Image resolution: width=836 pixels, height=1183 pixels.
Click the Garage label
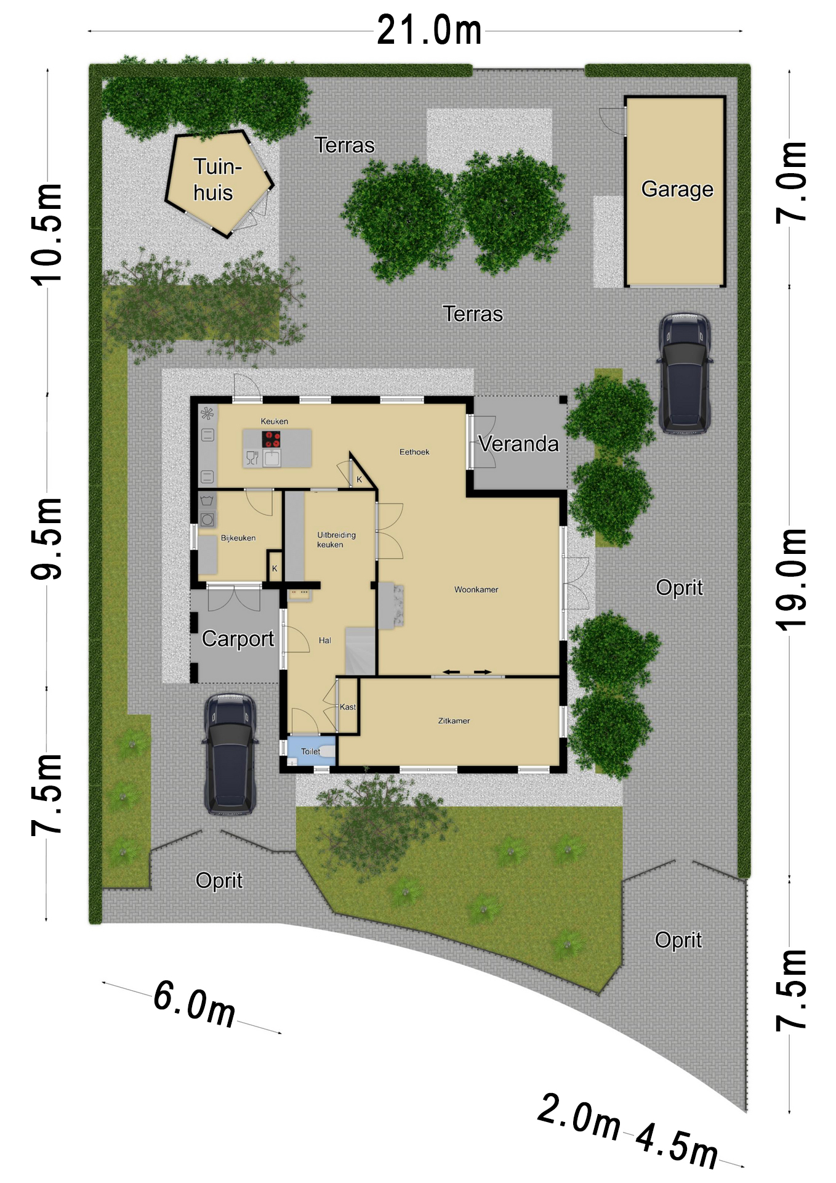click(677, 189)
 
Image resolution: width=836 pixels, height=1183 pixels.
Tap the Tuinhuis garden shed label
click(215, 179)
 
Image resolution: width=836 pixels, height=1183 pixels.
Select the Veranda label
click(518, 444)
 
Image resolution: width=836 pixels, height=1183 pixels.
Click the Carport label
click(238, 639)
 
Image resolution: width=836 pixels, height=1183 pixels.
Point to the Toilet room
click(311, 751)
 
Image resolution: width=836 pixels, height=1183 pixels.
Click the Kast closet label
click(348, 707)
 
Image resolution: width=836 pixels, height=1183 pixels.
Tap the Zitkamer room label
click(454, 720)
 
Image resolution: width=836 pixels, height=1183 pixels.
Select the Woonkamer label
click(476, 590)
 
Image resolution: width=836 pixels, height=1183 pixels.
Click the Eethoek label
click(414, 452)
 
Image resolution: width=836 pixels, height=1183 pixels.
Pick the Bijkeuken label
click(238, 538)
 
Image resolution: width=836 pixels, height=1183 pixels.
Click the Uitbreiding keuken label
click(336, 540)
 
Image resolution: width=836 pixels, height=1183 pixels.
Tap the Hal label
click(325, 640)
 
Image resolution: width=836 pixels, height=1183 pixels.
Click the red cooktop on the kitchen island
click(271, 439)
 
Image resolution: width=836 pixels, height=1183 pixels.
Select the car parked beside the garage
click(685, 373)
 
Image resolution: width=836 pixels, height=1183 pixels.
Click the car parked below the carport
click(230, 754)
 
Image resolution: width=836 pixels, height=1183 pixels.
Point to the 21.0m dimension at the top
click(429, 30)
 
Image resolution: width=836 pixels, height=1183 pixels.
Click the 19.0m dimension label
click(791, 579)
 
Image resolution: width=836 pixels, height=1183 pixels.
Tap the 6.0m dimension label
click(194, 1003)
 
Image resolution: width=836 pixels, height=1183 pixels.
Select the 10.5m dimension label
click(47, 234)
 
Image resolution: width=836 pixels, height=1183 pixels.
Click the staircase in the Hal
click(360, 651)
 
